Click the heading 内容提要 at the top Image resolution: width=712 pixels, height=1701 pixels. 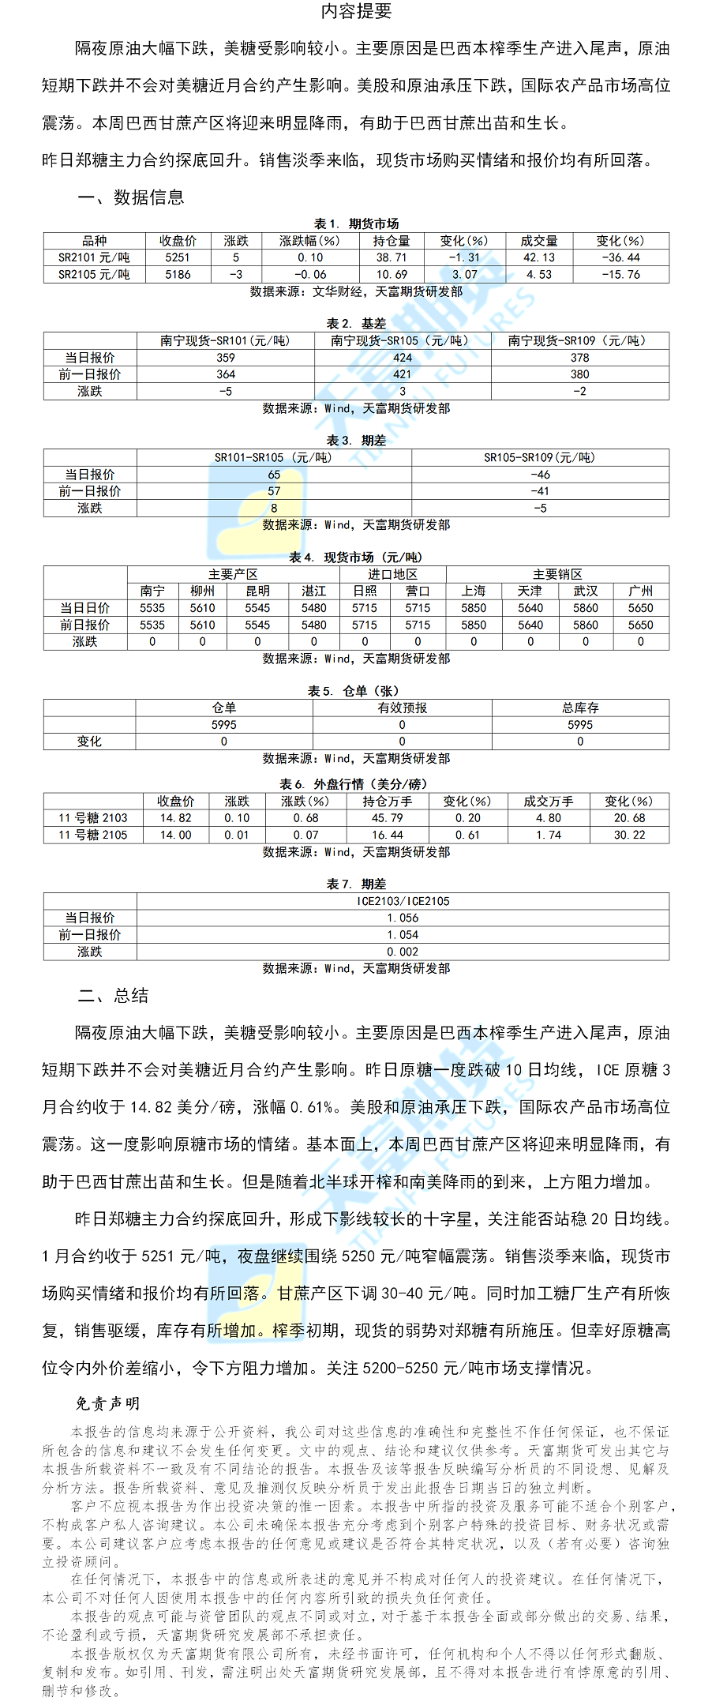(x=356, y=11)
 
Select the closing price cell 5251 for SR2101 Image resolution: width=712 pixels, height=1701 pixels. (x=178, y=257)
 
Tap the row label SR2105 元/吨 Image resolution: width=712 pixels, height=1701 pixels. (x=94, y=275)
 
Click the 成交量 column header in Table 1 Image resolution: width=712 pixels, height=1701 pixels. (x=539, y=241)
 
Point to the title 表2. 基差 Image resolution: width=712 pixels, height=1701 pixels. (x=356, y=324)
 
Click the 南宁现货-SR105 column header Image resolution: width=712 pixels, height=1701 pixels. (x=402, y=341)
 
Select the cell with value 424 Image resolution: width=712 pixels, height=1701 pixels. (x=403, y=358)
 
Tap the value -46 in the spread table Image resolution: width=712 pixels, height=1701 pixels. (x=540, y=475)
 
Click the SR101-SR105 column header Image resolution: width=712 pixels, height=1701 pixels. (x=273, y=458)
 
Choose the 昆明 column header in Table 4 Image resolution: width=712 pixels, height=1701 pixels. (x=257, y=591)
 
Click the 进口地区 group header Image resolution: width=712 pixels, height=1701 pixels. (x=392, y=575)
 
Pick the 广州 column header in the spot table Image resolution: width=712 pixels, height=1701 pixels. (x=640, y=591)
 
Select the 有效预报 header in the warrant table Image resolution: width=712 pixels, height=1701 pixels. (x=402, y=708)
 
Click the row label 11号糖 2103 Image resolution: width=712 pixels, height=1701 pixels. (x=93, y=818)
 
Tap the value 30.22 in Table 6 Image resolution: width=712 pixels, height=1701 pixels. (x=629, y=835)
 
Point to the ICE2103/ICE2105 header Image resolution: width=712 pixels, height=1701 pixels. (x=403, y=901)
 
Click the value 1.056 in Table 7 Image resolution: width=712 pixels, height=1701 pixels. (x=403, y=918)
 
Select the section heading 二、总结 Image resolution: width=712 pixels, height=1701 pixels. (x=113, y=996)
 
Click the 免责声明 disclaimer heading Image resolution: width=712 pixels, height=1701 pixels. (x=107, y=1403)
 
